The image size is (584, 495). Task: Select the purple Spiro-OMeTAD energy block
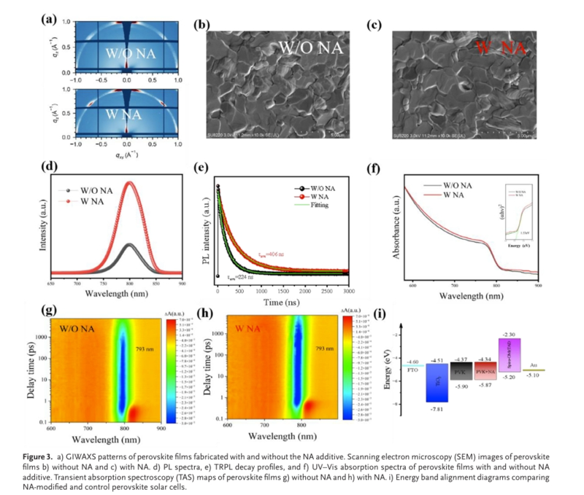[x=509, y=355]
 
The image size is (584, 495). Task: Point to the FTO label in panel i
[x=412, y=370]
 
